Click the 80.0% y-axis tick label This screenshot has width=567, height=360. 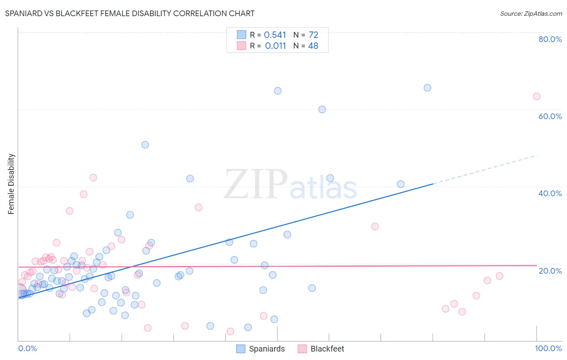tap(550, 39)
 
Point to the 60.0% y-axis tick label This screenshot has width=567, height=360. tap(550, 116)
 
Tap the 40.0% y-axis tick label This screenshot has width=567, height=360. tap(550, 193)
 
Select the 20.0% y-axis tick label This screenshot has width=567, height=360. tap(550, 271)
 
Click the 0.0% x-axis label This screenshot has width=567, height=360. tap(27, 348)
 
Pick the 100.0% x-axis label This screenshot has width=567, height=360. tap(548, 348)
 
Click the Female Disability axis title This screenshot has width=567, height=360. tap(11, 184)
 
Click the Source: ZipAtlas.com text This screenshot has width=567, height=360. tap(531, 13)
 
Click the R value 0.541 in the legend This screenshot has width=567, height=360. tap(275, 35)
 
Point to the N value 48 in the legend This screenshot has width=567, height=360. tap(313, 46)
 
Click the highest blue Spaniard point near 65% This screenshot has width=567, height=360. tap(427, 88)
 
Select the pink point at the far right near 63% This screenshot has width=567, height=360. tap(537, 96)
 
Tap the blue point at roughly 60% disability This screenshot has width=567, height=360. tap(322, 109)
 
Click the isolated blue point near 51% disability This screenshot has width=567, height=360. tap(145, 145)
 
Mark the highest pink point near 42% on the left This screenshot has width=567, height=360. tap(93, 178)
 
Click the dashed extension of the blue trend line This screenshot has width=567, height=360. tap(484, 170)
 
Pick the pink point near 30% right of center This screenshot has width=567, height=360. tap(375, 226)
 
